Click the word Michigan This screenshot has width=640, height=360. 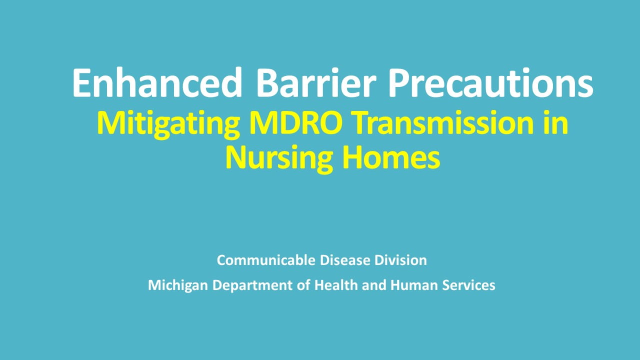click(178, 285)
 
